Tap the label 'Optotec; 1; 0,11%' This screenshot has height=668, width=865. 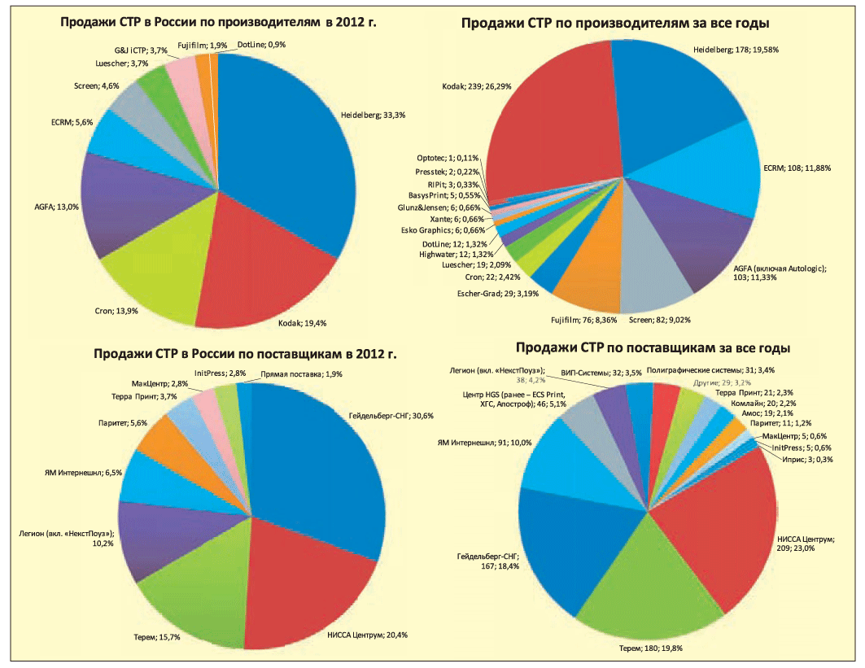[x=445, y=158]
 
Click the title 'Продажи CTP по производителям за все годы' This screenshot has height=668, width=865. [x=615, y=24]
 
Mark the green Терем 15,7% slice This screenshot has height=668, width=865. [x=195, y=578]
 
